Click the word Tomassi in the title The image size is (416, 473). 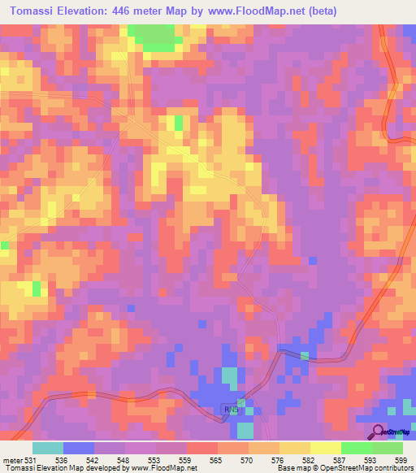point(33,11)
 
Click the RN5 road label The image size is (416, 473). point(232,410)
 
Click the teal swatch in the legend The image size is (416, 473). point(48,448)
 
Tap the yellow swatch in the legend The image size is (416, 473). point(326,448)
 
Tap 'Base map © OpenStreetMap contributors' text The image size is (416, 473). point(343,468)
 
